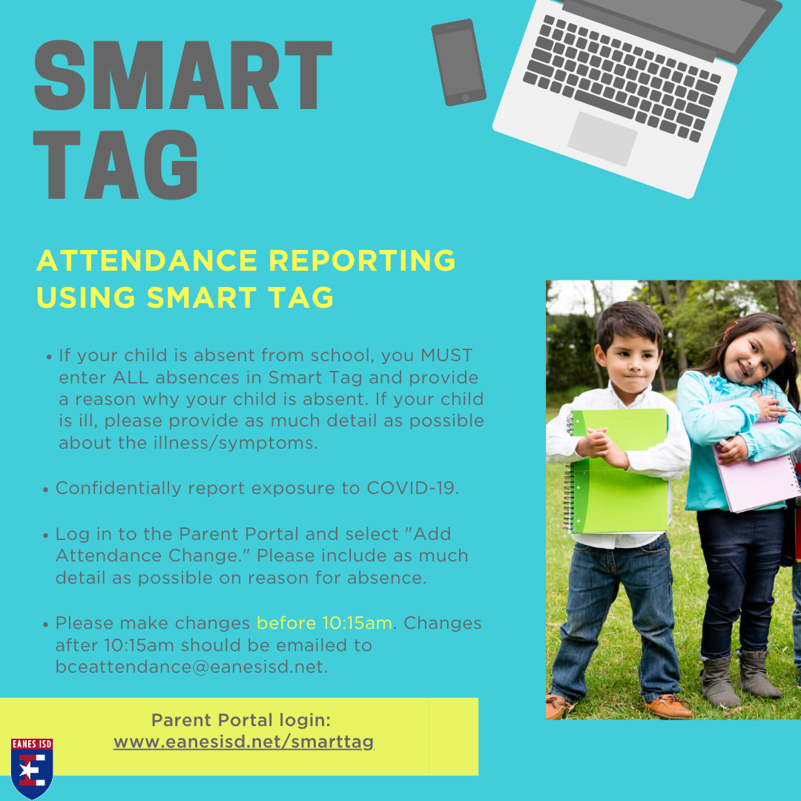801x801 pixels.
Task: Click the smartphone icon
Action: (x=458, y=62)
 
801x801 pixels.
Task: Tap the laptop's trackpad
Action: (x=602, y=139)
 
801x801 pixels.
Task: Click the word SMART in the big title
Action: (x=183, y=75)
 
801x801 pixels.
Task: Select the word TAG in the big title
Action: (x=116, y=165)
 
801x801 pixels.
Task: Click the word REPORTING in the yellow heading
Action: (x=362, y=260)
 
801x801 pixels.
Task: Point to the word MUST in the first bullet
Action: (x=446, y=355)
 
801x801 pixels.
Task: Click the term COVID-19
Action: (x=411, y=488)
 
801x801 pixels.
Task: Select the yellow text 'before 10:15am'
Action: (x=324, y=623)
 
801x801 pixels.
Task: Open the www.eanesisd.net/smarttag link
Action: (x=244, y=742)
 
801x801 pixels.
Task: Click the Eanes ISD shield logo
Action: (x=32, y=768)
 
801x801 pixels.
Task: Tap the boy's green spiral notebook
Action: (x=616, y=471)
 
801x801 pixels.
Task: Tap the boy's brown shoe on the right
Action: (x=667, y=707)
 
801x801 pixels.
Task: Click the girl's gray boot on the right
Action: (x=759, y=674)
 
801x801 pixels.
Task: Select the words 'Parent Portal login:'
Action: (x=241, y=720)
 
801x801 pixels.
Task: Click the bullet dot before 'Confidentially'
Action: (x=45, y=490)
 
